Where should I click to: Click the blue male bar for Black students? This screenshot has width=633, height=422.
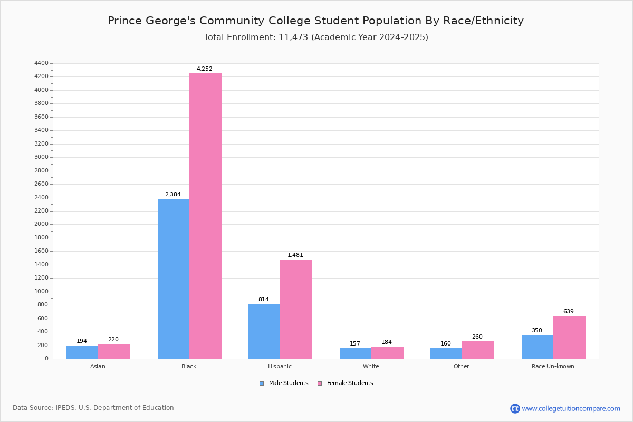(x=174, y=279)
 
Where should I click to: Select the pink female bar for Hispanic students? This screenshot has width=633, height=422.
(x=296, y=309)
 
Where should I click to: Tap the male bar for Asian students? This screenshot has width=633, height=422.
(x=82, y=352)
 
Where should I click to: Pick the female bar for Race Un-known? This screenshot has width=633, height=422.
(x=569, y=338)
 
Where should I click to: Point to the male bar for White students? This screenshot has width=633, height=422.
(x=356, y=353)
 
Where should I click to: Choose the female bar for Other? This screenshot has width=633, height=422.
(x=478, y=350)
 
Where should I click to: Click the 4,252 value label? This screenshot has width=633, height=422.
(x=205, y=69)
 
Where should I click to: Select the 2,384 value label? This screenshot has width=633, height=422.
(x=173, y=194)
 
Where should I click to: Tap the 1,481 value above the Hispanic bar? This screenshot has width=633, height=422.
(x=295, y=255)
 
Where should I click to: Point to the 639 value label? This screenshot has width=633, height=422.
(x=569, y=311)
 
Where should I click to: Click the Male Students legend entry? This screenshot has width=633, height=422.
(x=284, y=383)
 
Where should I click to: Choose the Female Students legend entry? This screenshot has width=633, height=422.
(x=346, y=383)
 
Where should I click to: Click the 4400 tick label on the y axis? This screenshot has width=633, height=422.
(x=42, y=63)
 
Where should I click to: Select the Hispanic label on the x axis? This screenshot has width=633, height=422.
(x=280, y=366)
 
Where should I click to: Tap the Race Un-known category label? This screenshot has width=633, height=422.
(x=553, y=366)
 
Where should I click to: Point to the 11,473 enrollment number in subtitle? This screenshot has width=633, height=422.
(x=293, y=37)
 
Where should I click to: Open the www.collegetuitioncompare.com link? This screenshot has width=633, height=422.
(x=571, y=409)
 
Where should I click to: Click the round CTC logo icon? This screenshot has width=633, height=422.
(x=515, y=409)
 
